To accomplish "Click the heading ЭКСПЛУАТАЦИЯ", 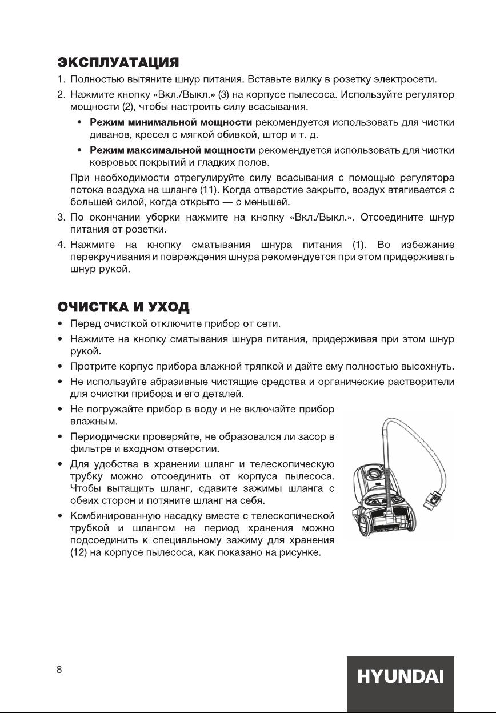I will [x=119, y=61].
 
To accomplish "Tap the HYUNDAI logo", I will [x=400, y=678].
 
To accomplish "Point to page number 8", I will [x=59, y=670].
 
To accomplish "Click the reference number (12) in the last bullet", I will [x=78, y=554].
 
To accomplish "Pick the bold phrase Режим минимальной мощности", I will [x=171, y=122].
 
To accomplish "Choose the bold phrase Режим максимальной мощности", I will [x=172, y=150].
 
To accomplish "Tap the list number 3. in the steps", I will [x=60, y=218].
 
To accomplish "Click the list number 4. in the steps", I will [x=60, y=245].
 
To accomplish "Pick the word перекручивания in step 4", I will [x=108, y=258].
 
